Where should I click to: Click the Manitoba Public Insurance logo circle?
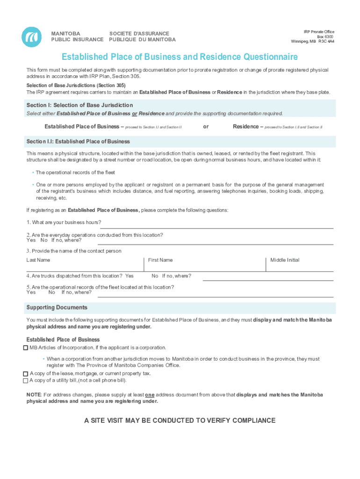coord(31,36)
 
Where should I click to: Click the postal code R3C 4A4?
coord(326,41)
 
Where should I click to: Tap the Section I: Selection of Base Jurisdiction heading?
coord(79,105)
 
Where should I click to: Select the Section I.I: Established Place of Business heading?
coord(78,141)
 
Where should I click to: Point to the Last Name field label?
coord(38,260)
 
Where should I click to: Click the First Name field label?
coord(160,260)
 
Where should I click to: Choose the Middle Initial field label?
coord(285,260)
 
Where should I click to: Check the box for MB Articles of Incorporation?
coord(25,348)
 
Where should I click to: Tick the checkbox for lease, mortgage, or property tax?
coord(25,374)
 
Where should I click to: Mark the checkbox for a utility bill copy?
coord(25,381)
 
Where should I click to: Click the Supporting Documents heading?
coord(57,308)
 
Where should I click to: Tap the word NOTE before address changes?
coord(34,395)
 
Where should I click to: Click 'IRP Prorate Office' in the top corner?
coord(319,32)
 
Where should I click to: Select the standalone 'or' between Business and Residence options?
coord(206,126)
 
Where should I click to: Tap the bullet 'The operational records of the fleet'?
coord(75,173)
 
